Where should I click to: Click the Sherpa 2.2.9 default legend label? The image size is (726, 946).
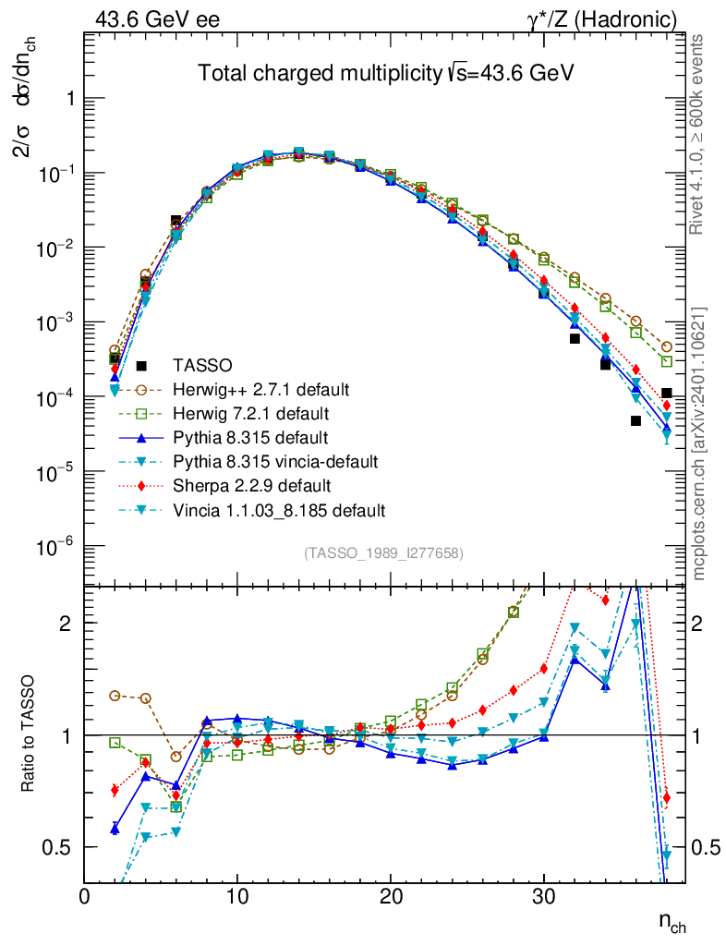(x=253, y=485)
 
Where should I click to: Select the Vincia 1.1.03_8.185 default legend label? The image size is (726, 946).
(x=278, y=510)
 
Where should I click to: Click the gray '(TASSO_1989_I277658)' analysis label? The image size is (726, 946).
(x=383, y=553)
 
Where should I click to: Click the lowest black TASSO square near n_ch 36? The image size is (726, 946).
(x=635, y=421)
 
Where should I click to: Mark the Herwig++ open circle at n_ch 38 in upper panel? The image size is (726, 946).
(x=666, y=347)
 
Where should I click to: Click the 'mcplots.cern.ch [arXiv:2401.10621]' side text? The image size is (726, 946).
(x=700, y=443)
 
